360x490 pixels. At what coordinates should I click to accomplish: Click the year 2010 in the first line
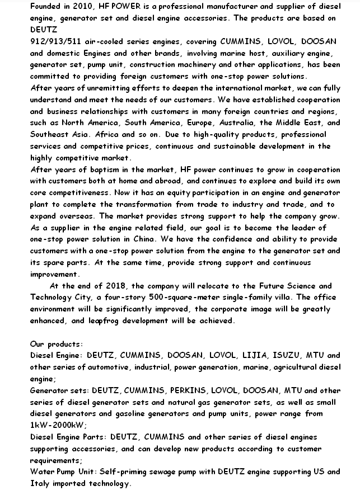(84, 6)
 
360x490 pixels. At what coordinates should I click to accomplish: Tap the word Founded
(46, 6)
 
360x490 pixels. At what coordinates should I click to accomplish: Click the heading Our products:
(56, 344)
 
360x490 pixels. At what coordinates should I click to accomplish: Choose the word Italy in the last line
(40, 483)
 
